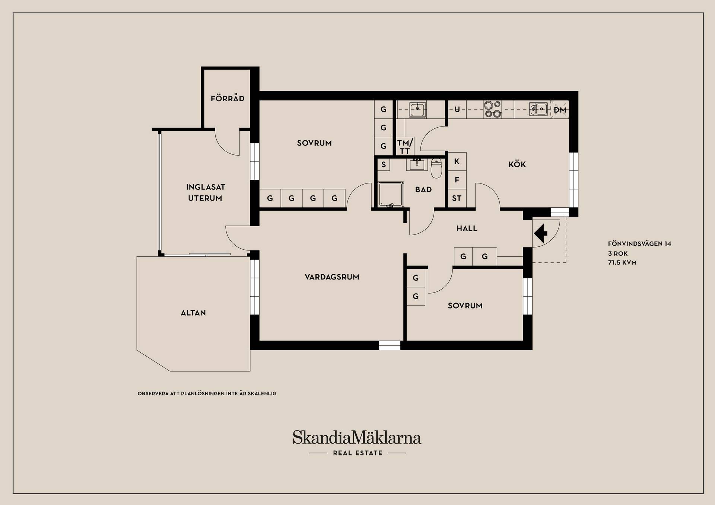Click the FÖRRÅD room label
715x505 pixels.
pyautogui.click(x=228, y=98)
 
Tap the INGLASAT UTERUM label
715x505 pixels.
pyautogui.click(x=206, y=192)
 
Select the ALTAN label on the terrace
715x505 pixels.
pyautogui.click(x=193, y=313)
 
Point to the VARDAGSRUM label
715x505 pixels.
pyautogui.click(x=332, y=277)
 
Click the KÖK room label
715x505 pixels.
pyautogui.click(x=517, y=164)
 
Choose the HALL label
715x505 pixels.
pyautogui.click(x=467, y=228)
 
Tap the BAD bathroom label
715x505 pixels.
pyautogui.click(x=423, y=189)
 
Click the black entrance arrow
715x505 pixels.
pyautogui.click(x=541, y=233)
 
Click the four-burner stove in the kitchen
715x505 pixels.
pyautogui.click(x=493, y=109)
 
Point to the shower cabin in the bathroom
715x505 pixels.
pyautogui.click(x=391, y=194)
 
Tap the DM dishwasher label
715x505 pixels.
pyautogui.click(x=560, y=110)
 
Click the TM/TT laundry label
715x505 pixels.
pyautogui.click(x=405, y=147)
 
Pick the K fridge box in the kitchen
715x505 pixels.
pyautogui.click(x=457, y=161)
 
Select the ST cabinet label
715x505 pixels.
pyautogui.click(x=457, y=198)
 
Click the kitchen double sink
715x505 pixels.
pyautogui.click(x=538, y=109)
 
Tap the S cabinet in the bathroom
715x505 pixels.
pyautogui.click(x=384, y=164)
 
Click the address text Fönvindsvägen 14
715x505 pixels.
pyautogui.click(x=639, y=244)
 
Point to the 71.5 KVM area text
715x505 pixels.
pyautogui.click(x=622, y=262)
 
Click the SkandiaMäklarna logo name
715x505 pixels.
pyautogui.click(x=357, y=437)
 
